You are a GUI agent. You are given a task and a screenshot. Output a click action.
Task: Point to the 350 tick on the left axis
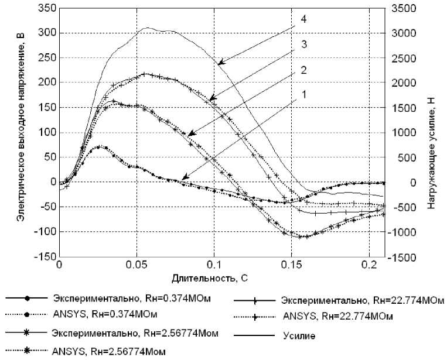point(45,8)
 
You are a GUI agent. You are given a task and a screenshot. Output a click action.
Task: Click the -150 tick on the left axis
point(42,257)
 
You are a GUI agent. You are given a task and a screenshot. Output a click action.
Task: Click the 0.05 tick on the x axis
point(137,265)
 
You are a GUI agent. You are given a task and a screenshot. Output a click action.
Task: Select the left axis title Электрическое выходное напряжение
point(20,132)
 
